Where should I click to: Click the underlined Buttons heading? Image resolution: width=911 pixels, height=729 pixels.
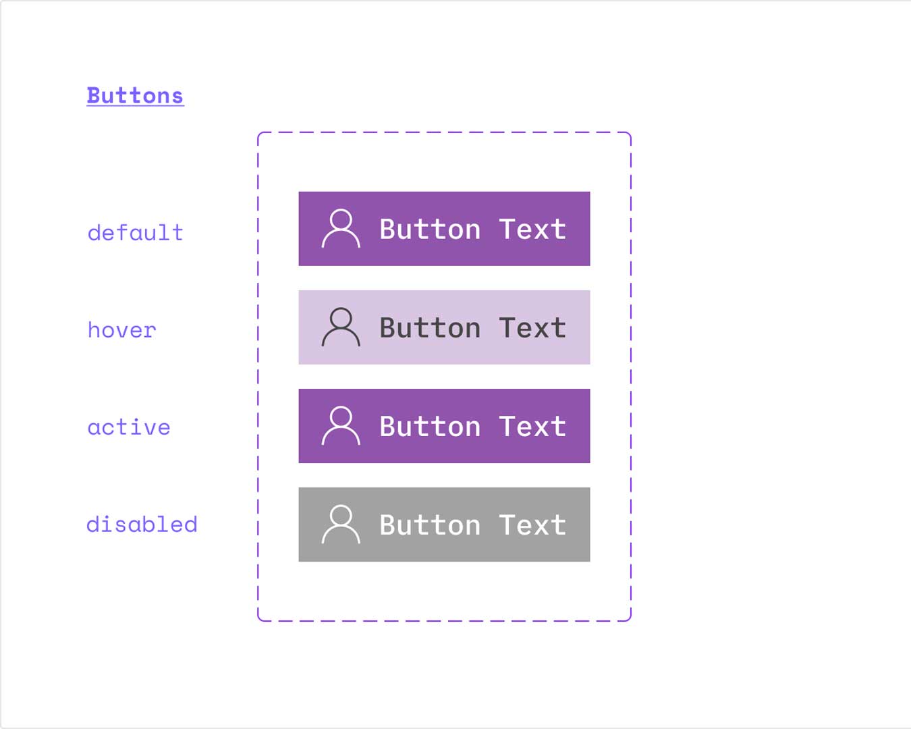click(135, 96)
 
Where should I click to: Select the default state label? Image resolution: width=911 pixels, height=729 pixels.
click(135, 233)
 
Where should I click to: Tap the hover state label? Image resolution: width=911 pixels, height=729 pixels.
click(121, 330)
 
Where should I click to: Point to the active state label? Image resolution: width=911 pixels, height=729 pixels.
click(129, 427)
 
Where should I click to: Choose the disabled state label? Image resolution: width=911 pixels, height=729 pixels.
click(142, 524)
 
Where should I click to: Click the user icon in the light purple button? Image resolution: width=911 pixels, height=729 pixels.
click(341, 327)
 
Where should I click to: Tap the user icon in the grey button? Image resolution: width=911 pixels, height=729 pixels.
click(341, 524)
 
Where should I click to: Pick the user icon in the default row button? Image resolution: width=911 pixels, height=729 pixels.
click(341, 229)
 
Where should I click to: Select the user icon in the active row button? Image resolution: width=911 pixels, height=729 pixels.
click(341, 426)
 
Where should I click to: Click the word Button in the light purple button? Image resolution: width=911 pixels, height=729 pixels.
click(430, 328)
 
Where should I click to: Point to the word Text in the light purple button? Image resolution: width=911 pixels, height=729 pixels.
click(532, 328)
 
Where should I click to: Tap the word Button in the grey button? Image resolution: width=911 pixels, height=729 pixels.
click(430, 525)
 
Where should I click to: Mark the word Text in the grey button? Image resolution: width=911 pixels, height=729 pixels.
click(532, 525)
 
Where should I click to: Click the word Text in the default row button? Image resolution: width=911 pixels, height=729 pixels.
click(532, 230)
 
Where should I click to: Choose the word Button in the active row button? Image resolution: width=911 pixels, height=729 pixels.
click(430, 427)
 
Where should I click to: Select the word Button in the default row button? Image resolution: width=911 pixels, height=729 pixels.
click(430, 230)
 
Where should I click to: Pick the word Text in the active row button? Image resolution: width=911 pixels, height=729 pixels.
click(532, 427)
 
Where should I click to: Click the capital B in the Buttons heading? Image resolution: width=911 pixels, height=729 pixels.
click(94, 96)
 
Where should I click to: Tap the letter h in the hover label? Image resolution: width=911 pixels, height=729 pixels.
click(94, 329)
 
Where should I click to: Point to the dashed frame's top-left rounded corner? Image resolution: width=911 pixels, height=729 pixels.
click(260, 134)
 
